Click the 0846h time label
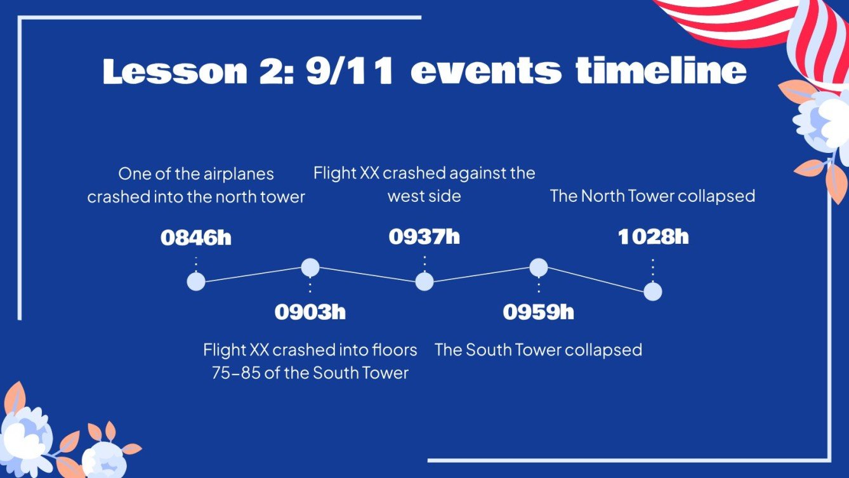pyautogui.click(x=196, y=238)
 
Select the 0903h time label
pyautogui.click(x=310, y=312)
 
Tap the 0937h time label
pyautogui.click(x=424, y=237)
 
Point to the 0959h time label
pyautogui.click(x=539, y=312)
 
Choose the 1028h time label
pyautogui.click(x=653, y=237)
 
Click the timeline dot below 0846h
pyautogui.click(x=196, y=281)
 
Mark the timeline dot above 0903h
pyautogui.click(x=310, y=268)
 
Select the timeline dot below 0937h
pyautogui.click(x=424, y=281)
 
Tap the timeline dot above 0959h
pyautogui.click(x=539, y=268)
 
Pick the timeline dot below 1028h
pyautogui.click(x=653, y=291)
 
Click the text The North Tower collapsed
pyautogui.click(x=652, y=196)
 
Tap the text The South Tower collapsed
pyautogui.click(x=538, y=350)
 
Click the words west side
pyautogui.click(x=424, y=196)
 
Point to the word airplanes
pyautogui.click(x=234, y=174)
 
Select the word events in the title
pyautogui.click(x=486, y=72)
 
